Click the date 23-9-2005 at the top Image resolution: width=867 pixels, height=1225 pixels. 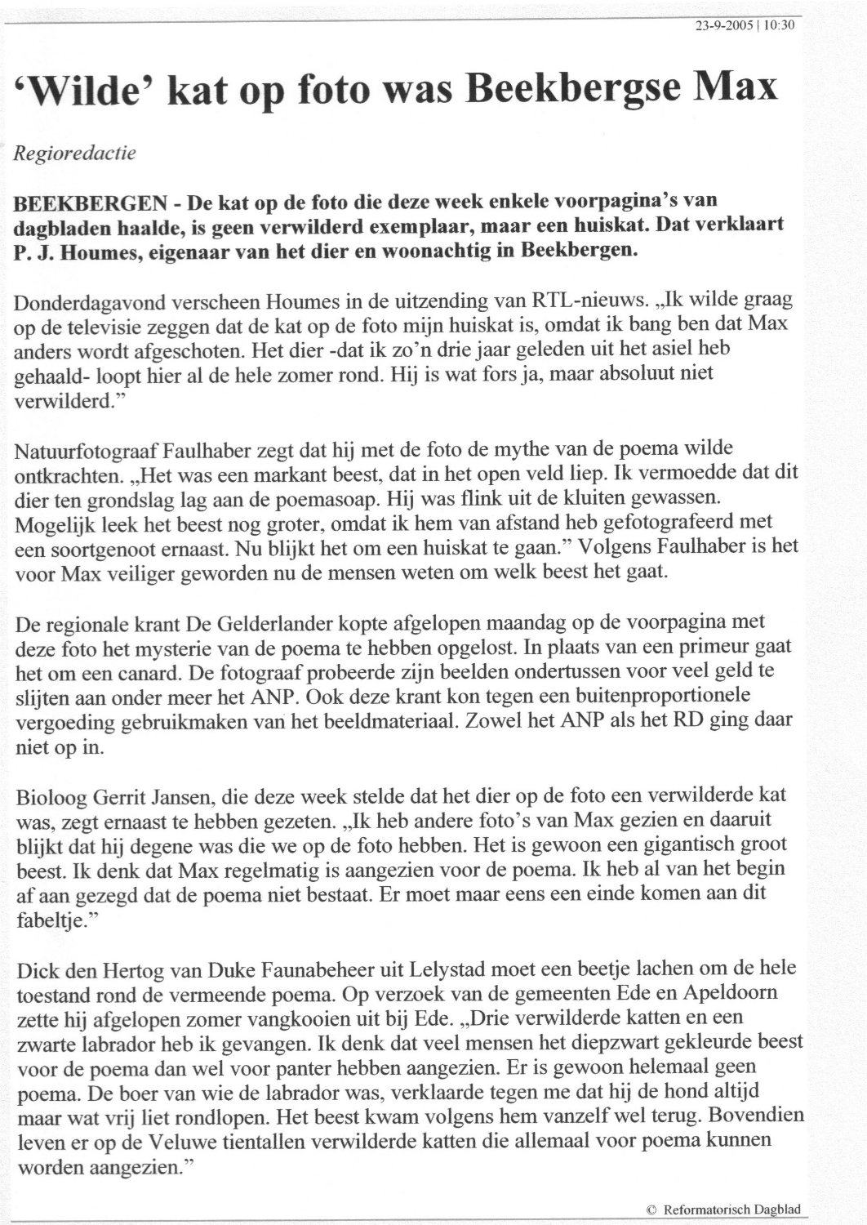pos(722,25)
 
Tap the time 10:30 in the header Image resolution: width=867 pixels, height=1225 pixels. pos(779,25)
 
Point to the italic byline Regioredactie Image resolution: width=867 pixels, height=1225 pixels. pos(74,153)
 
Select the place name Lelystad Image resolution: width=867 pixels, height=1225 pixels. pos(478,970)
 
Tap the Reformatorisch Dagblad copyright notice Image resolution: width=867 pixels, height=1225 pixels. pos(723,1209)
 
